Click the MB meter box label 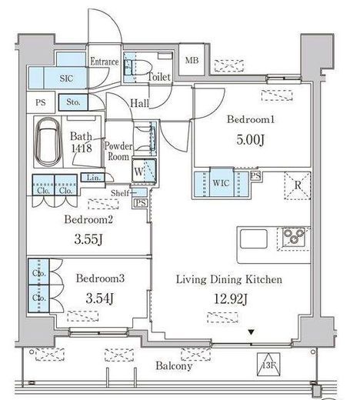point(192,61)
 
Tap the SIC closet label point(66,78)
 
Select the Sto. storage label point(73,102)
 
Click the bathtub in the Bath point(48,142)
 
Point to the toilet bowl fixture point(137,68)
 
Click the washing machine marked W point(145,171)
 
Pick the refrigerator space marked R point(298,185)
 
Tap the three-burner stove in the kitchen point(294,237)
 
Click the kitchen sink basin point(254,238)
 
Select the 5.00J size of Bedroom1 point(250,140)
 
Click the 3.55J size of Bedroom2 point(88,239)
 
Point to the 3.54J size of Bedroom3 point(100,298)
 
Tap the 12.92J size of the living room point(231,298)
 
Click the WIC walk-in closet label point(221,183)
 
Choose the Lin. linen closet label point(93,178)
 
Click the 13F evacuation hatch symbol point(268,365)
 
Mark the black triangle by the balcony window point(252,332)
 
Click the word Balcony point(174,366)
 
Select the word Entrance point(105,62)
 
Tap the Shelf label point(120,193)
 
